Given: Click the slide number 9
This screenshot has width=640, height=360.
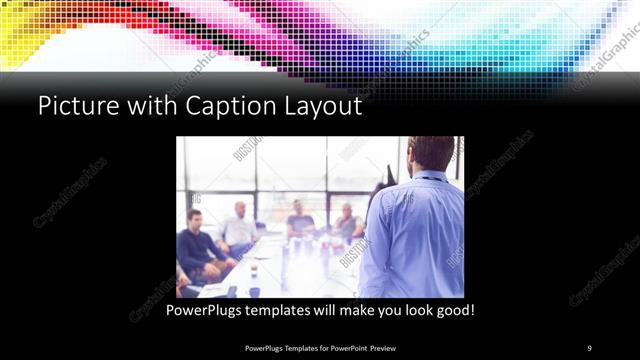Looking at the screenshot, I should point(589,347).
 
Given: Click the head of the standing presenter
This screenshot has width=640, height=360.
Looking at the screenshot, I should point(431,153).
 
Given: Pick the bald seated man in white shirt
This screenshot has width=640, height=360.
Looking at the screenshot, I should point(240,226).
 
